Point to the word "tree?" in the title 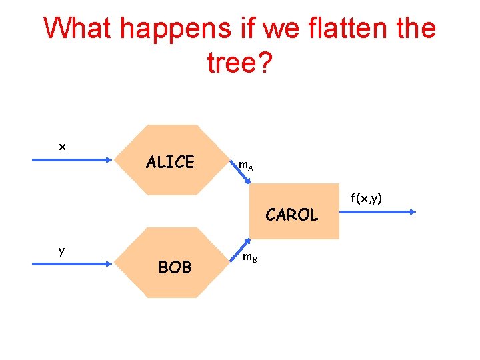pos(239,63)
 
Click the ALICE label pos(170,162)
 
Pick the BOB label pos(175,267)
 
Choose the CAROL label pos(292,215)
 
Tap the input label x pos(62,147)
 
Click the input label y pos(61,251)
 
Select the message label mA pos(245,164)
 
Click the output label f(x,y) pos(366,197)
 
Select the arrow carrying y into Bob pos(73,264)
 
